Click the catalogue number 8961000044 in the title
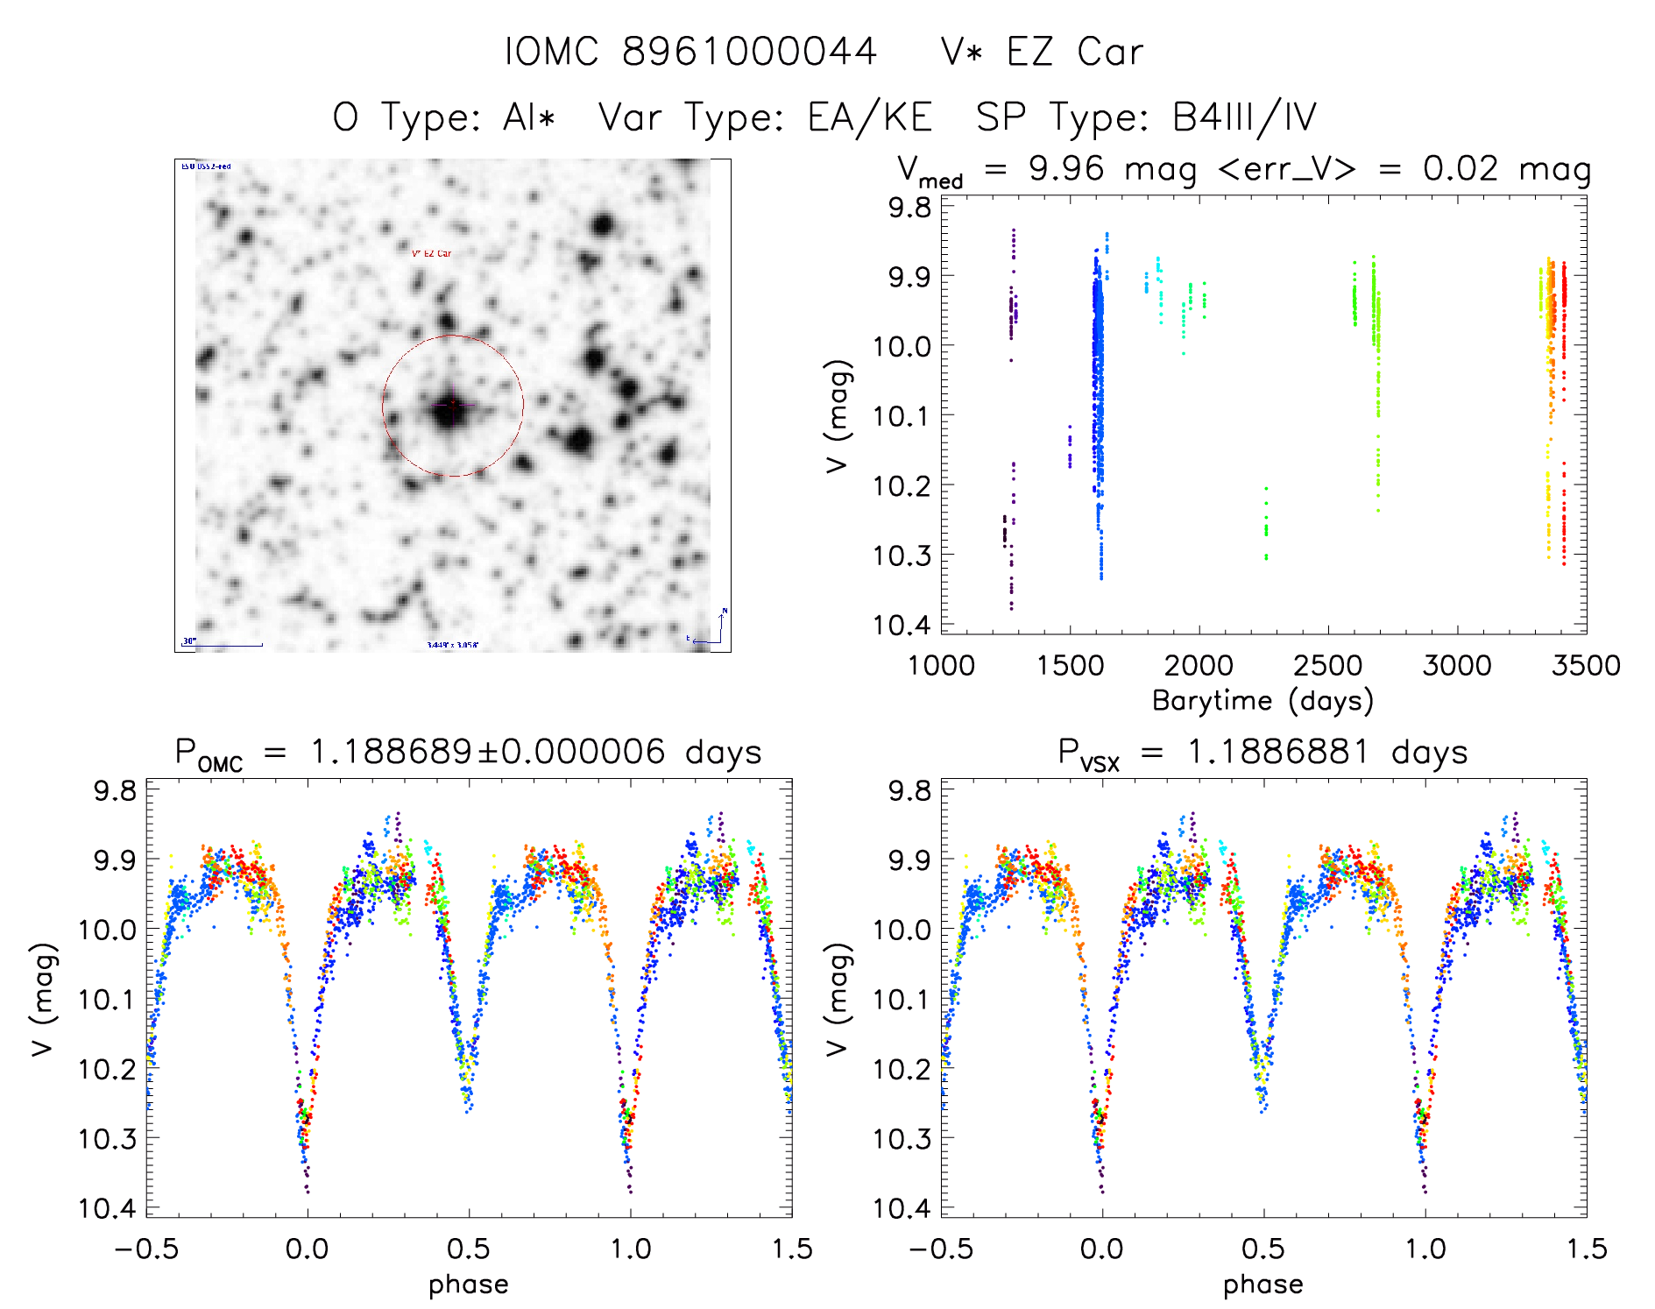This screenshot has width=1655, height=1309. point(749,53)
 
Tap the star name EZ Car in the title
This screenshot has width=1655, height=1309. point(1074,53)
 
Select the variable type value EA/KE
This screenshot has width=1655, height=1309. point(870,117)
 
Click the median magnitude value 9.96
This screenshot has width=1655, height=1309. point(1066,168)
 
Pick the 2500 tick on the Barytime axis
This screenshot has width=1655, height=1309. point(1327,665)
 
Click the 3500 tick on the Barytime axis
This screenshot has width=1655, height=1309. point(1585,665)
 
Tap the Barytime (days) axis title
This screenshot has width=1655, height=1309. point(1262,701)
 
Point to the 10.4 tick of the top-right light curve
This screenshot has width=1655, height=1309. point(909,625)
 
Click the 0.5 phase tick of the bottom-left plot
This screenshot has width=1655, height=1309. point(469,1249)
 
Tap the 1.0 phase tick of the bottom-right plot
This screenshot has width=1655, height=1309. point(1425,1249)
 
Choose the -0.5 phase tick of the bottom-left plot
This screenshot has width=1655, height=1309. point(146,1249)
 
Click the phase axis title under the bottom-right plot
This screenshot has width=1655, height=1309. point(1262,1284)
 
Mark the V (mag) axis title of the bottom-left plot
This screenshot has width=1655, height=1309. point(44,999)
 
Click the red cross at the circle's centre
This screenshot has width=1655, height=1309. point(453,404)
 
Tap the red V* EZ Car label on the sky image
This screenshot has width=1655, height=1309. point(432,253)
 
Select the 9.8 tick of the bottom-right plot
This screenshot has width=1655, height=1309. point(909,790)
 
